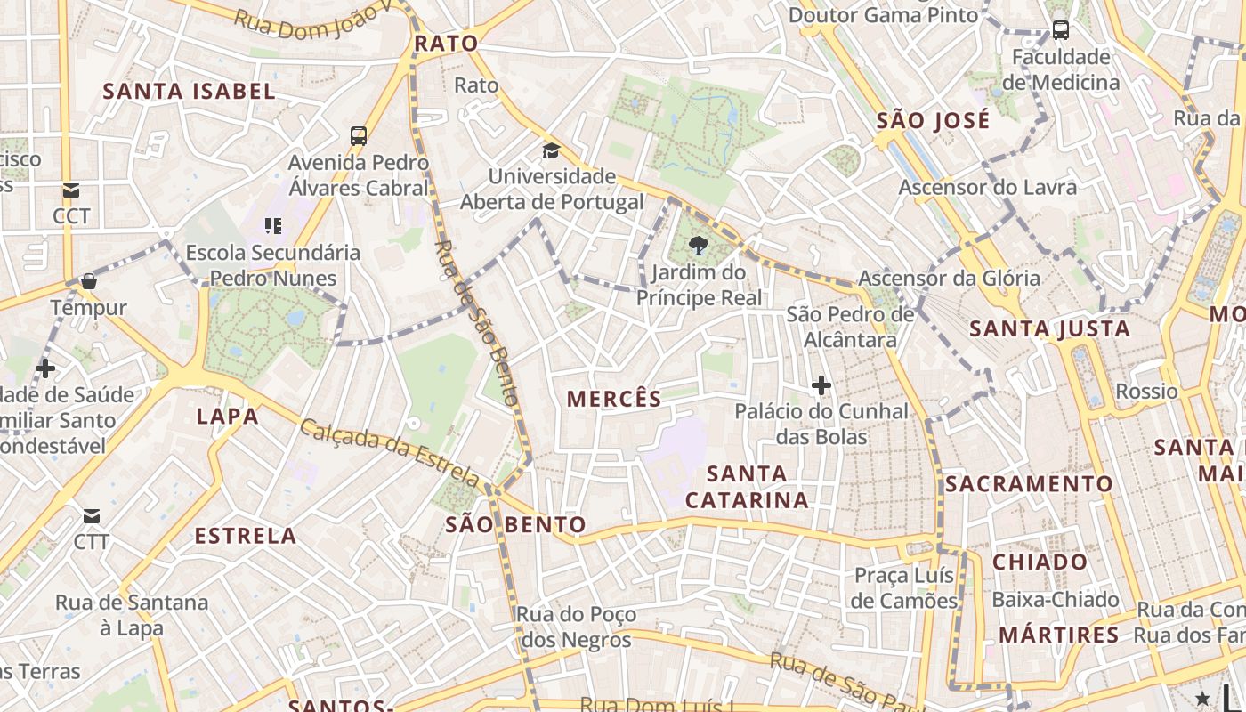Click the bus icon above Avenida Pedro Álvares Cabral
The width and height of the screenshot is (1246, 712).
pos(359,136)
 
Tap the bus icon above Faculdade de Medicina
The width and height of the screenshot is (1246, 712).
pos(1060,30)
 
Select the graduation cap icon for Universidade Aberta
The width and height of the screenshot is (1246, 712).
pos(551,150)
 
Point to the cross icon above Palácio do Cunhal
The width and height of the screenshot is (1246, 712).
pos(821,385)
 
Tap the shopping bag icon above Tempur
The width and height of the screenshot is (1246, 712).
pos(88,282)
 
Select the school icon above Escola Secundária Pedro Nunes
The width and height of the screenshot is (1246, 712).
pos(273,226)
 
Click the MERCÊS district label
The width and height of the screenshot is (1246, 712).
pos(614,399)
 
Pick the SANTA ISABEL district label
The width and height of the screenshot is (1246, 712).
pos(190,91)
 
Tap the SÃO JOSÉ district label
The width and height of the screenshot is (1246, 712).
pos(933,121)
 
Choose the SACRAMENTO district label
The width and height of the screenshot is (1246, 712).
pos(1028,484)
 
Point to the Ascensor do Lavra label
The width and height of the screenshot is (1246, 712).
pos(987,188)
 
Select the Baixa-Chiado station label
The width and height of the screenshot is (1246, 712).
pos(1056,600)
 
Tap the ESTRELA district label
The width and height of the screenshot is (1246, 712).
pos(246,536)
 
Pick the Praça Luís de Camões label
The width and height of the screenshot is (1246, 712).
pos(904,587)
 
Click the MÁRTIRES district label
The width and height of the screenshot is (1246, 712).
pos(1058,635)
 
